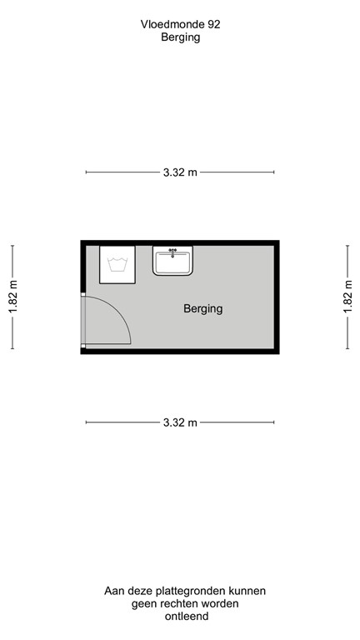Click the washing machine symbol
point(117,263)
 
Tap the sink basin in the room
point(173,262)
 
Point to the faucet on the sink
point(173,250)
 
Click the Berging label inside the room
point(202,309)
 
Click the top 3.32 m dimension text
point(180,172)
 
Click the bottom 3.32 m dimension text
point(180,422)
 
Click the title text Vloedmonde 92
point(180,25)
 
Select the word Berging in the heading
point(180,37)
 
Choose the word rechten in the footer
point(187,603)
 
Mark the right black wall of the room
point(276,297)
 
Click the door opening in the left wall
point(82,320)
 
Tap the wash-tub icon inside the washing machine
point(117,266)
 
